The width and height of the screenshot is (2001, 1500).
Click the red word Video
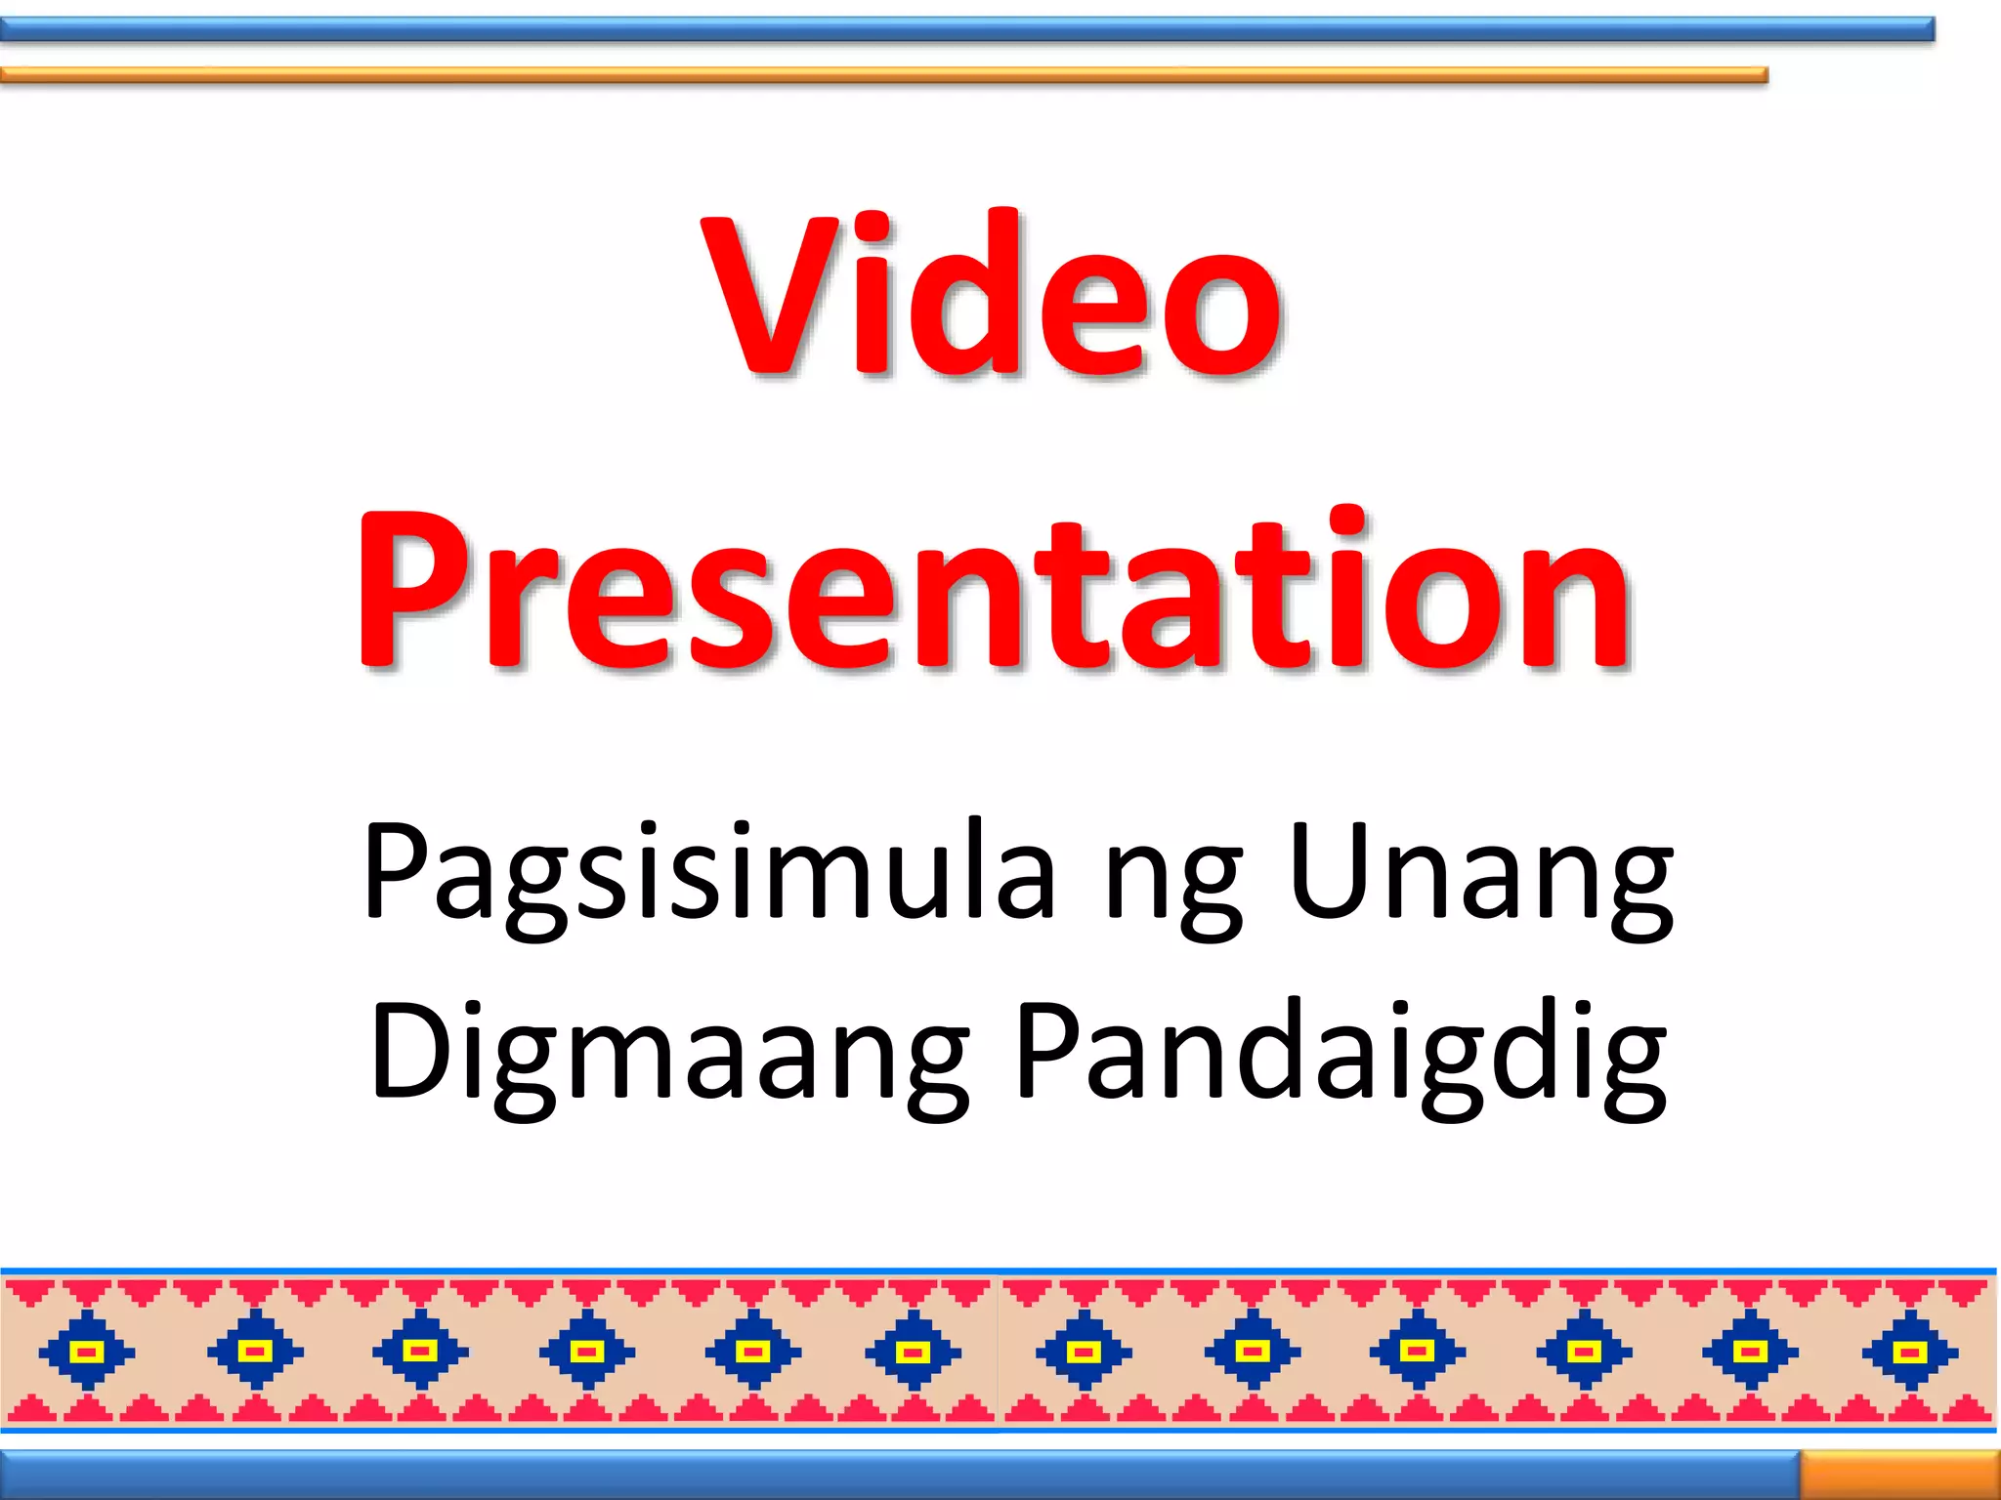[x=991, y=295]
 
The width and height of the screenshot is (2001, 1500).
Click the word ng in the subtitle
[x=1173, y=879]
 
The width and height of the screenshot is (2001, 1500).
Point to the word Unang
[x=1480, y=871]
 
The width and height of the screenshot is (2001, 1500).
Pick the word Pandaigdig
[x=1340, y=1053]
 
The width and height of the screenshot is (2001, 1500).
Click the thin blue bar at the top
[x=967, y=29]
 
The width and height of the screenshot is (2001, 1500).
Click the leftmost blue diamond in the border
[x=87, y=1352]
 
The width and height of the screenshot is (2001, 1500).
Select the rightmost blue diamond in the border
[x=1910, y=1352]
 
